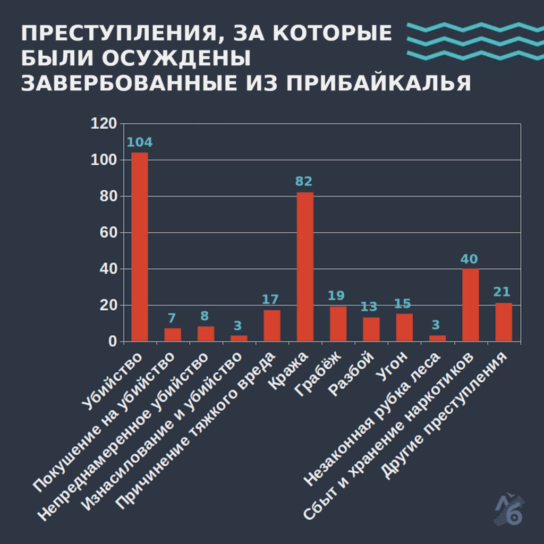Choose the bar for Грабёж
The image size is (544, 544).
[338, 324]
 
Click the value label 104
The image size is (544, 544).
[140, 142]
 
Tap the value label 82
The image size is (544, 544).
[304, 182]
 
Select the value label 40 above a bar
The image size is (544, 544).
[470, 259]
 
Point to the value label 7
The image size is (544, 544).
[172, 318]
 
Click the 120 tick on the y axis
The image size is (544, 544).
[104, 124]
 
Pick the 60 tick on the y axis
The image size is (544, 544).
[107, 233]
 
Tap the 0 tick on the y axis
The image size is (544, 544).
[112, 342]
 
